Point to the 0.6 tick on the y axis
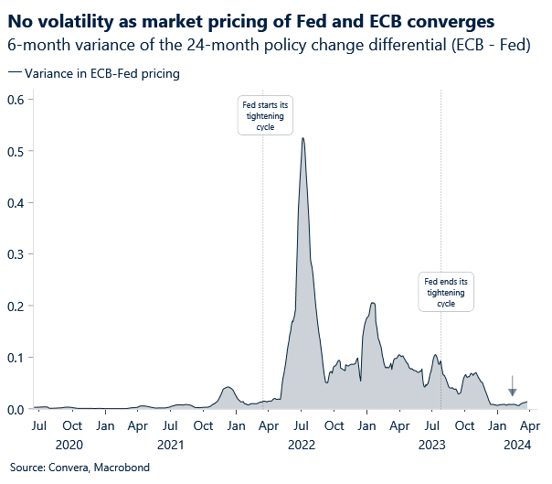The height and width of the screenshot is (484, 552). pos(16,99)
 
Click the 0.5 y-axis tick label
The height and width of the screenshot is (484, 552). pos(16,150)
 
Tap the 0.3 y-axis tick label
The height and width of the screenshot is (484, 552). pos(16,253)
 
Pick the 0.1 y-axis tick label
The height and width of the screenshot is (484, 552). pos(16,357)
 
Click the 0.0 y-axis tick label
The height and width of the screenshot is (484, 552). pos(16,409)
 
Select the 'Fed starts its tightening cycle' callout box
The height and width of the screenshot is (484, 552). pos(264,117)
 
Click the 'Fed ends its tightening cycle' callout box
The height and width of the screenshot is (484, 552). pos(446,292)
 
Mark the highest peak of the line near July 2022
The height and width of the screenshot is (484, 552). pos(302,138)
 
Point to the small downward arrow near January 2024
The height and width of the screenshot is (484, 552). pos(512,385)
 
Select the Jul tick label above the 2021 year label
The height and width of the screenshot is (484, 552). pos(170,426)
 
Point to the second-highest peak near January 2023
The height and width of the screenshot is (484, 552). pos(372,303)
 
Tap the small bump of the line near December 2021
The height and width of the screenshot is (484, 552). pos(228,387)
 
